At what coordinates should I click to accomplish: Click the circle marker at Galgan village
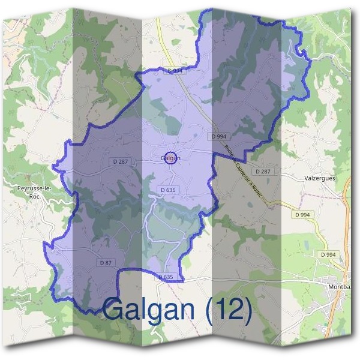(x=170, y=158)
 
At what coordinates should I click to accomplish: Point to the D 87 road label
(x=105, y=263)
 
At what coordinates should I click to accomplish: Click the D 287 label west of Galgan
(x=120, y=161)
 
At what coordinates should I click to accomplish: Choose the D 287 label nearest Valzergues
(x=263, y=172)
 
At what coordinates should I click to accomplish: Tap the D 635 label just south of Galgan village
(x=169, y=190)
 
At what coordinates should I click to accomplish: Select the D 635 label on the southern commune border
(x=166, y=277)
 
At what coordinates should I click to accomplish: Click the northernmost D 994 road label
(x=175, y=71)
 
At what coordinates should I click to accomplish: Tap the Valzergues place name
(x=319, y=179)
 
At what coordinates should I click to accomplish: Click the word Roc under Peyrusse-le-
(x=34, y=196)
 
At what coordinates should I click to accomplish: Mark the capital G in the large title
(x=115, y=310)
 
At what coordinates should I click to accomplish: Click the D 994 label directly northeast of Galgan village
(x=220, y=137)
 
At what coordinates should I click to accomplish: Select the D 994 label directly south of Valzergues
(x=303, y=214)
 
